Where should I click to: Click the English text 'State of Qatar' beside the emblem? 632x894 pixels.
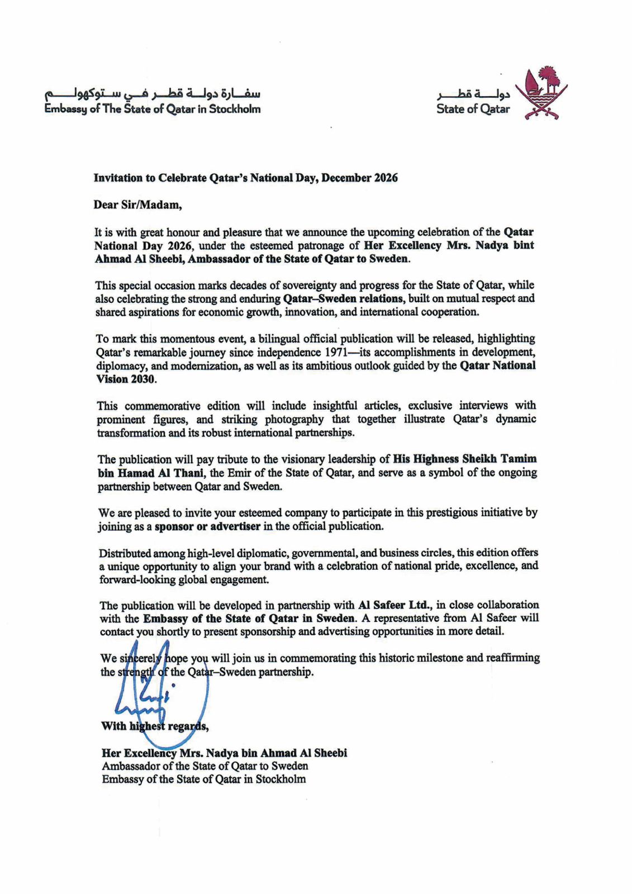point(473,109)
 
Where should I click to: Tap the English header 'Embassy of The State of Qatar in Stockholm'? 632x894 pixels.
point(153,109)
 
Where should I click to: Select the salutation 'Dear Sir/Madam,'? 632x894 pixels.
point(137,205)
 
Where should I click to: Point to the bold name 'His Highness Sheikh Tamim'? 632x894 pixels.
point(465,459)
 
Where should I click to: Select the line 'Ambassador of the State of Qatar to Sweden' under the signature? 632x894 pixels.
point(205,766)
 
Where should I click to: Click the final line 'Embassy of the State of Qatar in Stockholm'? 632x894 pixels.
point(203,779)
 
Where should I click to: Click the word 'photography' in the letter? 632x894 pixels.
point(294,419)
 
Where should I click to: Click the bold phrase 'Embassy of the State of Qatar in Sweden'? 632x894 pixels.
point(249,618)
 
